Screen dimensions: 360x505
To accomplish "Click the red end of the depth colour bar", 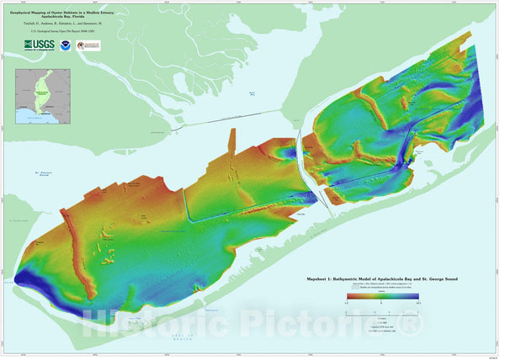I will point(350,296).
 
